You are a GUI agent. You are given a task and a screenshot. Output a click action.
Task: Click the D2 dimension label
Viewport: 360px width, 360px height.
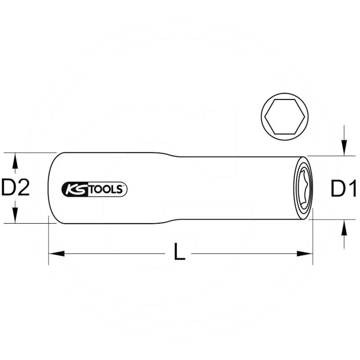pos(15,188)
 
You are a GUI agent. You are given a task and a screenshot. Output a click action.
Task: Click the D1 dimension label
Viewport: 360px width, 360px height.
pos(343,189)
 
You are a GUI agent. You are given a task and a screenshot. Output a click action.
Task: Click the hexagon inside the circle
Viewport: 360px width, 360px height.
pos(285,116)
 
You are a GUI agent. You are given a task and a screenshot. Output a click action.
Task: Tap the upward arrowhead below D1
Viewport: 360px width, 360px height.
pos(344,229)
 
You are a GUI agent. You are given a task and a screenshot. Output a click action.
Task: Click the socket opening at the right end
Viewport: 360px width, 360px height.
pos(305,188)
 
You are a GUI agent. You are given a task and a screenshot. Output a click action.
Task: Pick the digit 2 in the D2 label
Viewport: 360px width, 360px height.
pos(23,188)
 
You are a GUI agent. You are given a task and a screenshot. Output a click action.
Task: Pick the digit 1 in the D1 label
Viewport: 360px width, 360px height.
pos(351,189)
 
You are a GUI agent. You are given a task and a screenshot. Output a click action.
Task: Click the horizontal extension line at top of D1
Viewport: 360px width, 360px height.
pos(328,156)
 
